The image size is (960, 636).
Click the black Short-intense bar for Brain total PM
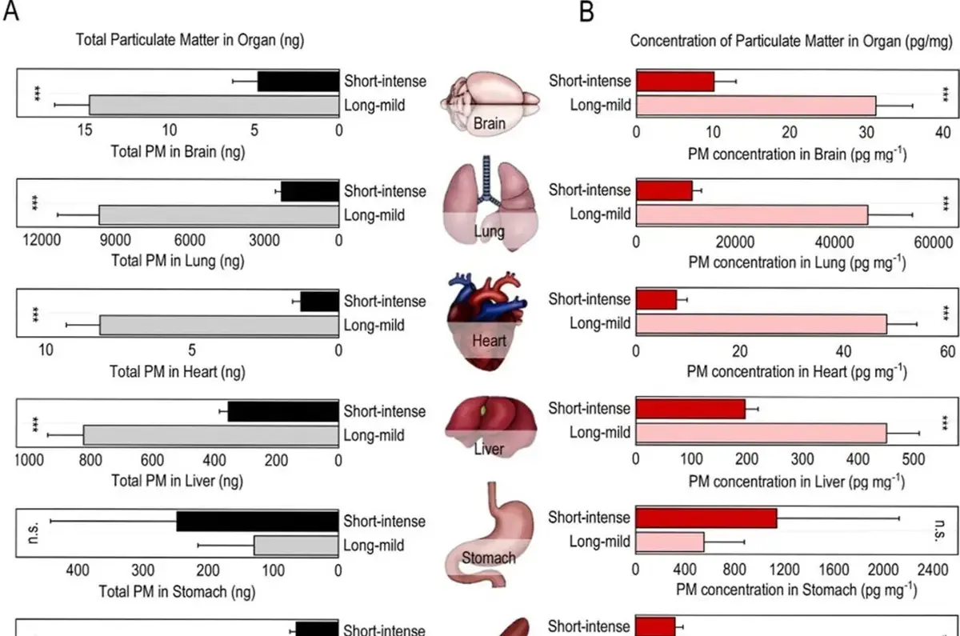298,82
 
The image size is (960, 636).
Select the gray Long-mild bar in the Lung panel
219,215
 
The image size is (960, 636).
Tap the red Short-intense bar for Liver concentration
690,409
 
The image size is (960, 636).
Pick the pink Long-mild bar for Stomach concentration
670,542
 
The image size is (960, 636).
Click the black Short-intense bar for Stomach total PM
258,521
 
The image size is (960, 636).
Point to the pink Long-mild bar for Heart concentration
761,324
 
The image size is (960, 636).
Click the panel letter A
10,11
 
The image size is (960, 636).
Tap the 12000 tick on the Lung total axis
42,240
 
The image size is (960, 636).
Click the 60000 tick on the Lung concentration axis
934,242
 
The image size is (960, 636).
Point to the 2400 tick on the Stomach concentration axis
933,570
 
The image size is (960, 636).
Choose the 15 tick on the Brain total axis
85,130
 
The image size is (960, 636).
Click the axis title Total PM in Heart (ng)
178,371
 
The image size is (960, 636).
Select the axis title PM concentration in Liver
797,482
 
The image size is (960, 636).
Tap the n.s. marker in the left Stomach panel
34,533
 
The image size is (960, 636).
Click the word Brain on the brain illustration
489,123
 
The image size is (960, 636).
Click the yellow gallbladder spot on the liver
483,410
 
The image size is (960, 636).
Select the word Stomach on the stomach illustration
489,558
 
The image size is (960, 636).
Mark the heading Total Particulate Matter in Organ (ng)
190,40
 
